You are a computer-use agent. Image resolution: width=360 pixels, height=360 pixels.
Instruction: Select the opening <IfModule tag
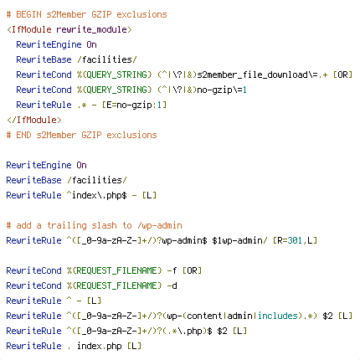coord(29,29)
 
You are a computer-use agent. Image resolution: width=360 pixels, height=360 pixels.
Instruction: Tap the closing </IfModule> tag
coord(34,120)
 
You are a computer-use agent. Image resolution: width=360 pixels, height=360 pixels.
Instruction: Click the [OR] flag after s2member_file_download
coord(343,75)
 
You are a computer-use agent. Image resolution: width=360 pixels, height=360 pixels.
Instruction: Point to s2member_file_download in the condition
coord(253,75)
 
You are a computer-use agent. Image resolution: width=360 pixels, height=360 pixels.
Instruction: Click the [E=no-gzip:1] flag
coord(134,105)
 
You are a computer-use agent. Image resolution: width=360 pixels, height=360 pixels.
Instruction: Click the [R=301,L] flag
coord(295,240)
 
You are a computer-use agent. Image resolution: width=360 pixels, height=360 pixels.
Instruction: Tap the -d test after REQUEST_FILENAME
coord(172,285)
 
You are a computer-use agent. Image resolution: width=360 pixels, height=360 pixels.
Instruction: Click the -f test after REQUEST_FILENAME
coord(172,270)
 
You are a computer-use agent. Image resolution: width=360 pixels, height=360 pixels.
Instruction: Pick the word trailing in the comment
coord(67,225)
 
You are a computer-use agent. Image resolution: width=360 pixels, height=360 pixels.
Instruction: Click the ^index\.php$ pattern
coord(97,195)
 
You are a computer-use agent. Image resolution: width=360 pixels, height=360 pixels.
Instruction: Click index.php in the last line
coord(100,346)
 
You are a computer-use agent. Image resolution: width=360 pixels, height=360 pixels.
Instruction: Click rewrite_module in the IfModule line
coord(92,29)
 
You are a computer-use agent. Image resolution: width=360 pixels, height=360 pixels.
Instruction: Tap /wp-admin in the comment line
coord(160,225)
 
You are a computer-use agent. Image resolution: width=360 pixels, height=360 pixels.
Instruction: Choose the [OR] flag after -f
coord(192,270)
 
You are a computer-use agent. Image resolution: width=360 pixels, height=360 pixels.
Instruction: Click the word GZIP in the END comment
coord(91,135)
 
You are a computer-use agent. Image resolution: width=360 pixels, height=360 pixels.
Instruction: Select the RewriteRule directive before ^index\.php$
coord(33,195)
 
